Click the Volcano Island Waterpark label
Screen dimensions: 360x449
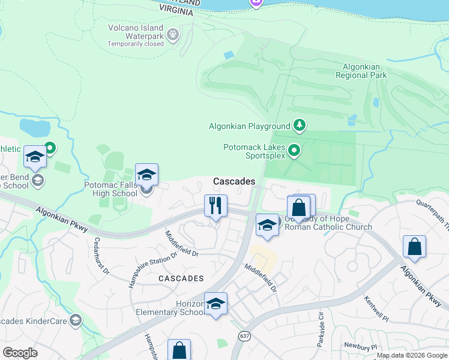click(x=136, y=36)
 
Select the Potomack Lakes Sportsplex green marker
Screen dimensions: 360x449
click(x=294, y=150)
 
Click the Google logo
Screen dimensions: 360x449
click(x=20, y=353)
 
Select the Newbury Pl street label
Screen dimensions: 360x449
click(x=360, y=347)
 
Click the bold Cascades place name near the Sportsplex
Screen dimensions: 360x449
click(x=234, y=181)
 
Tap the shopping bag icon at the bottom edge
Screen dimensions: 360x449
click(x=179, y=350)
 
